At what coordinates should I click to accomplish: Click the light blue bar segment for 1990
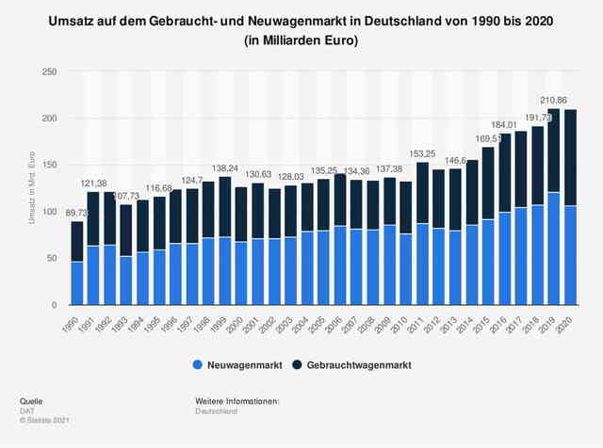(77, 283)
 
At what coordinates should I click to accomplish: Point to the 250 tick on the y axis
(50, 72)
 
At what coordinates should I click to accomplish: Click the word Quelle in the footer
(30, 401)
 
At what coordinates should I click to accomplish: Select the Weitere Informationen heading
(237, 401)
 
